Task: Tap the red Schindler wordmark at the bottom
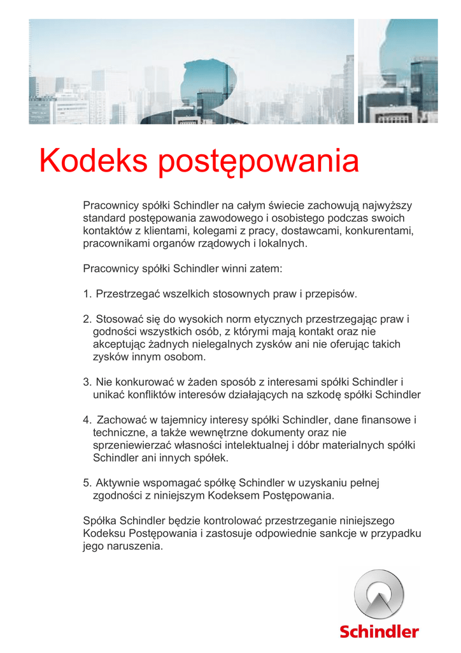(379, 631)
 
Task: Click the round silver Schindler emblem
(379, 594)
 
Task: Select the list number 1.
(87, 294)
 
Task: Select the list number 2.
(87, 319)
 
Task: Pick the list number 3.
(87, 382)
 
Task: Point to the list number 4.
(87, 420)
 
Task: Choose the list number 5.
(87, 483)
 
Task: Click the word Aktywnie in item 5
(117, 483)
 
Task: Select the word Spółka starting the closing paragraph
(99, 520)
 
